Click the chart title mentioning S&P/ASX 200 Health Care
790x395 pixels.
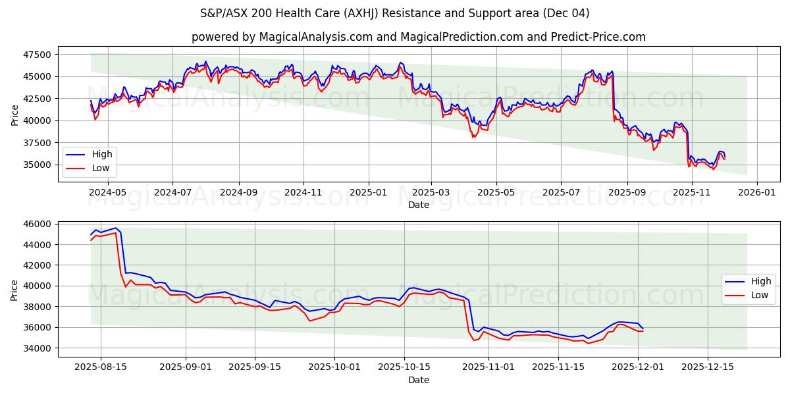pyautogui.click(x=395, y=13)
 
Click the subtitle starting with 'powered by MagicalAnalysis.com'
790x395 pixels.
pyautogui.click(x=418, y=37)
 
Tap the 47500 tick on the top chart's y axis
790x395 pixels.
pyautogui.click(x=38, y=55)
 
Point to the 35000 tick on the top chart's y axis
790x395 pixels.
pyautogui.click(x=38, y=165)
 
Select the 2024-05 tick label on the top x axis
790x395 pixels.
pyautogui.click(x=108, y=192)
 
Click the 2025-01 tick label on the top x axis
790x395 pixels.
pyautogui.click(x=368, y=192)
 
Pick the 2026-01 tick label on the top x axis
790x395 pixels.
pyautogui.click(x=756, y=192)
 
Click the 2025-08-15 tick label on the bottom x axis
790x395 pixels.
pyautogui.click(x=101, y=367)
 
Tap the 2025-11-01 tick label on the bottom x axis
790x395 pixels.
pyautogui.click(x=488, y=367)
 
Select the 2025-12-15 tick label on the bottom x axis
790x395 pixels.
pyautogui.click(x=708, y=367)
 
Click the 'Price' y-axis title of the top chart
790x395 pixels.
pyautogui.click(x=14, y=115)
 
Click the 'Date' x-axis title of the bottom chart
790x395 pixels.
pyautogui.click(x=418, y=380)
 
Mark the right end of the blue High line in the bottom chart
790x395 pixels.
pyautogui.click(x=643, y=329)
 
